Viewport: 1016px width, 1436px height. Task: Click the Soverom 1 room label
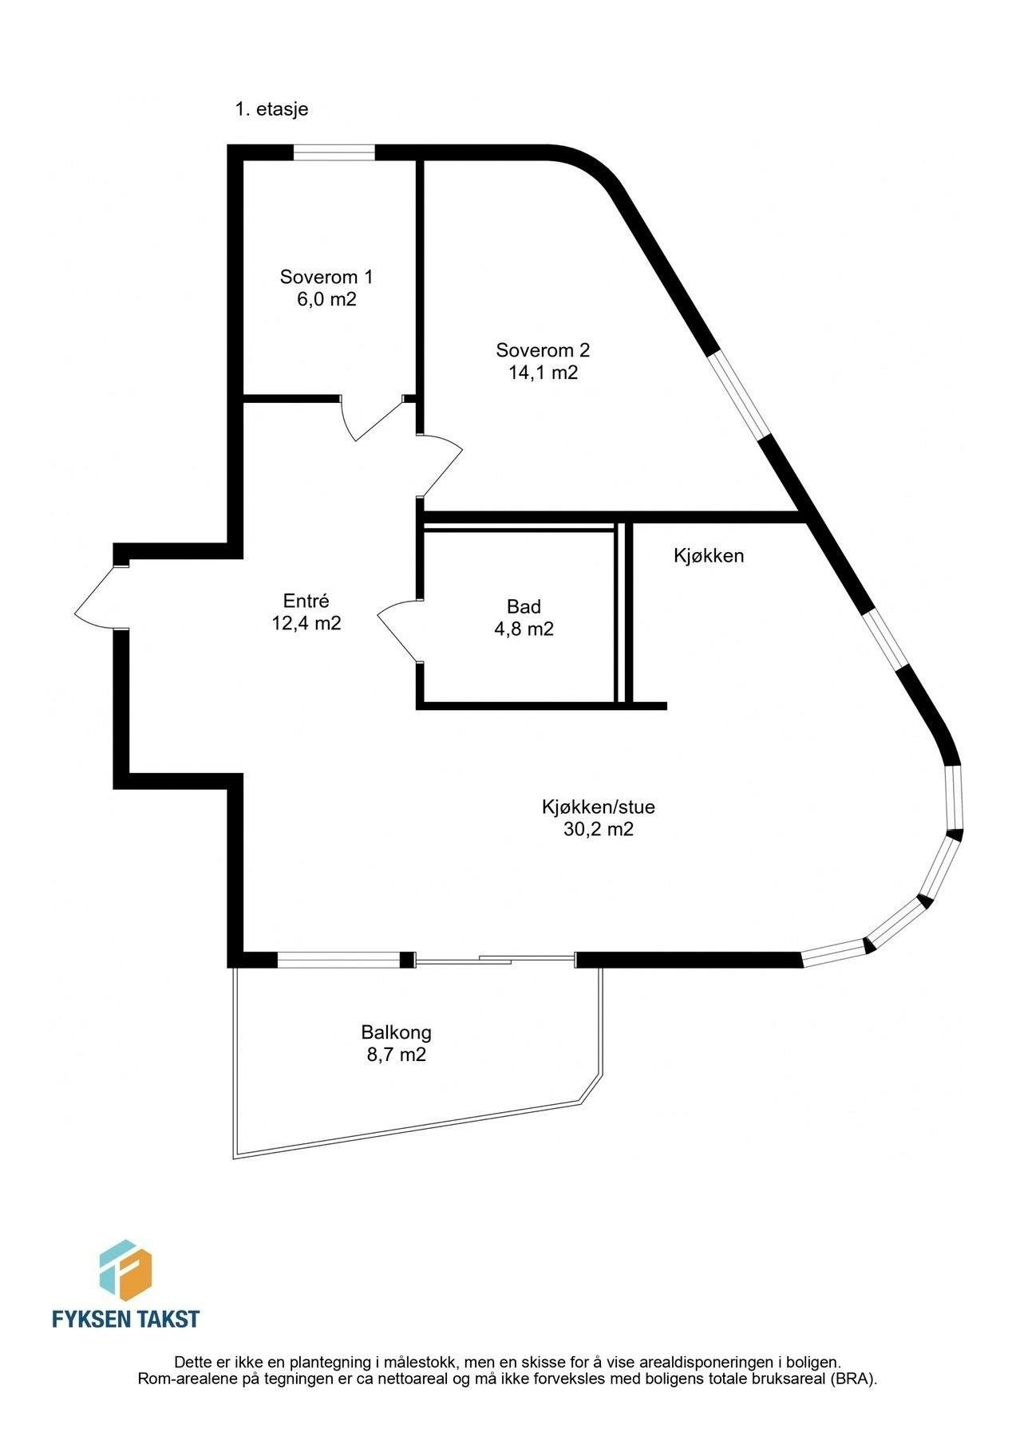tap(326, 277)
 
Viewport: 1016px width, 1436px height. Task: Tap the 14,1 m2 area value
tap(543, 372)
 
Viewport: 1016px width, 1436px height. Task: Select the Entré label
tap(306, 601)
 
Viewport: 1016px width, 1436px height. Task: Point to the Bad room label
tap(524, 606)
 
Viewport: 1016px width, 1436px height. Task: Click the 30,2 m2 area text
tap(599, 829)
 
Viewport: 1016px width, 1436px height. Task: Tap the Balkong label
tap(396, 1032)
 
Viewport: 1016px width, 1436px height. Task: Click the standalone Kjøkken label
tap(709, 556)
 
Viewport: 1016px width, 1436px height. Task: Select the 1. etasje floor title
tap(271, 110)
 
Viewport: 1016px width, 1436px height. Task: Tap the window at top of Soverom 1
tap(334, 152)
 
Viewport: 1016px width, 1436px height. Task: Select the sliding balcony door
tap(495, 960)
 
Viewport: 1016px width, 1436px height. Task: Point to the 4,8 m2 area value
tap(524, 629)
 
